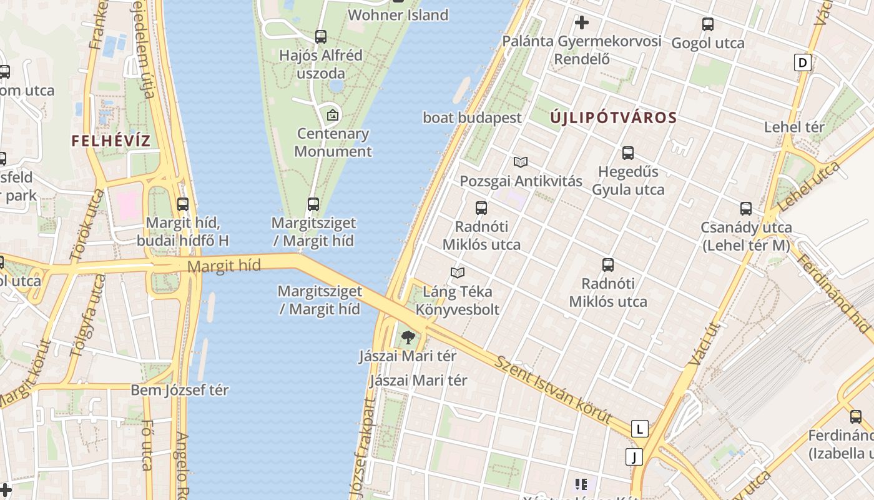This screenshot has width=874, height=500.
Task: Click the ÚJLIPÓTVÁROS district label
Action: click(x=614, y=117)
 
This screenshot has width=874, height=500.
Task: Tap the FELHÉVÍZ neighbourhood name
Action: click(x=111, y=141)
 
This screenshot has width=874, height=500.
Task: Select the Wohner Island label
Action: click(x=398, y=15)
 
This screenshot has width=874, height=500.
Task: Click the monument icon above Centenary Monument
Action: click(x=333, y=114)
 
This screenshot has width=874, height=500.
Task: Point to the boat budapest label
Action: click(x=472, y=117)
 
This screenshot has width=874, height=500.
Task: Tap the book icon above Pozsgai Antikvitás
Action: click(x=521, y=162)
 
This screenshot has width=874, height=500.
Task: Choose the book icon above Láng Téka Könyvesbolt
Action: click(x=458, y=272)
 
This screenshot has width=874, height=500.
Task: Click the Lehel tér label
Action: click(x=794, y=127)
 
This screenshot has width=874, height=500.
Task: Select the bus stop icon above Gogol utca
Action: click(x=707, y=24)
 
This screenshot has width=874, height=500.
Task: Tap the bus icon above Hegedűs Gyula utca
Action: click(x=628, y=152)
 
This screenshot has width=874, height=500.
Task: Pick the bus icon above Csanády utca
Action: click(x=746, y=208)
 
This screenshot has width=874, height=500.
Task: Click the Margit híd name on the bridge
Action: click(x=223, y=266)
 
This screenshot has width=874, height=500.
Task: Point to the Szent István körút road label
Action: click(x=552, y=388)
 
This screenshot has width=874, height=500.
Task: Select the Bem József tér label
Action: click(x=179, y=390)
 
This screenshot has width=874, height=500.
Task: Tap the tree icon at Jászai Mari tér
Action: click(x=408, y=337)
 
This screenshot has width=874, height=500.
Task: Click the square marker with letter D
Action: click(x=802, y=62)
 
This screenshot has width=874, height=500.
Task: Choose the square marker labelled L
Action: click(x=639, y=429)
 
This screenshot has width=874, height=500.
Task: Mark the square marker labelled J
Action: click(x=634, y=457)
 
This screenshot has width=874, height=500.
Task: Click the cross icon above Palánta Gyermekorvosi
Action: click(x=582, y=23)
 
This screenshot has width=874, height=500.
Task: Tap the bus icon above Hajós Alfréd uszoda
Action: click(x=321, y=36)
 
